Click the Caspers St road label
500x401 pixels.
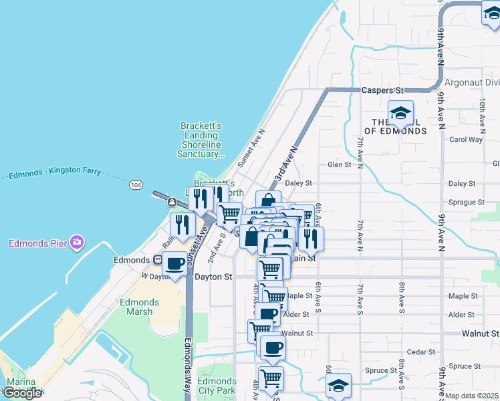coord(384,90)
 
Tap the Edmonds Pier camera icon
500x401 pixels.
coord(77,241)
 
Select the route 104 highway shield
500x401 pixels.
coord(136,184)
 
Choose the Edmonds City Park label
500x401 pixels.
coord(217,386)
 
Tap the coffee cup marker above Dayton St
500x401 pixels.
coord(176,263)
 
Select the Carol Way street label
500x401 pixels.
coord(465,140)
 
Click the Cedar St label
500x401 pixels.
coord(421,352)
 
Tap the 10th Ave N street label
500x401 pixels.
coord(482,113)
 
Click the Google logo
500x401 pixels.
coord(22,393)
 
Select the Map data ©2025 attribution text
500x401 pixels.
coord(472,396)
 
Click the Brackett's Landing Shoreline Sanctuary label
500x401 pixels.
coord(203,140)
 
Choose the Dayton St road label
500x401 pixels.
coord(213,276)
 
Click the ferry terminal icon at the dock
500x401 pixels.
coord(172,202)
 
